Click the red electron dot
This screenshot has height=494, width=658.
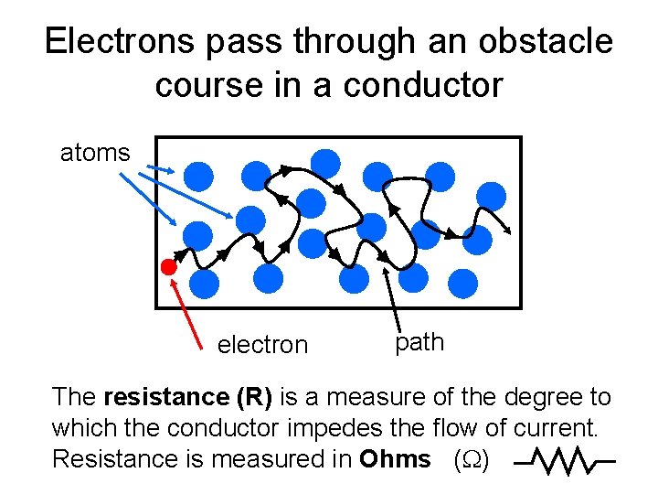[168, 267]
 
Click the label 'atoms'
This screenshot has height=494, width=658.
[95, 153]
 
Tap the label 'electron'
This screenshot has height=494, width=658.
[262, 345]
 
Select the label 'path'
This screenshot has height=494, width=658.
[419, 342]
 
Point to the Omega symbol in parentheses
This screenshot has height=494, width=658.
[472, 460]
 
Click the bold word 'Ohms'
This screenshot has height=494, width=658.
[395, 459]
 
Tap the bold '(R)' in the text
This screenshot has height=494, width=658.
[255, 397]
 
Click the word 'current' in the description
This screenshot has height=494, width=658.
[565, 428]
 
